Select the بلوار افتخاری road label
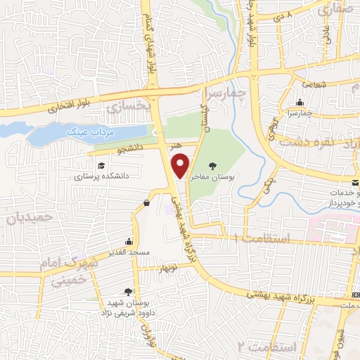(66, 107)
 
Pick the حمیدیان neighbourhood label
(30, 218)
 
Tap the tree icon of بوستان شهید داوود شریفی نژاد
(127, 292)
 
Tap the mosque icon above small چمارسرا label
(300, 102)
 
